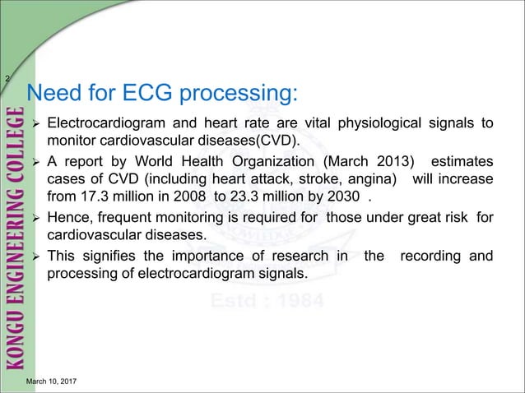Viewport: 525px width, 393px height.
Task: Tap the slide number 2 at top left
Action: pyautogui.click(x=7, y=78)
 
